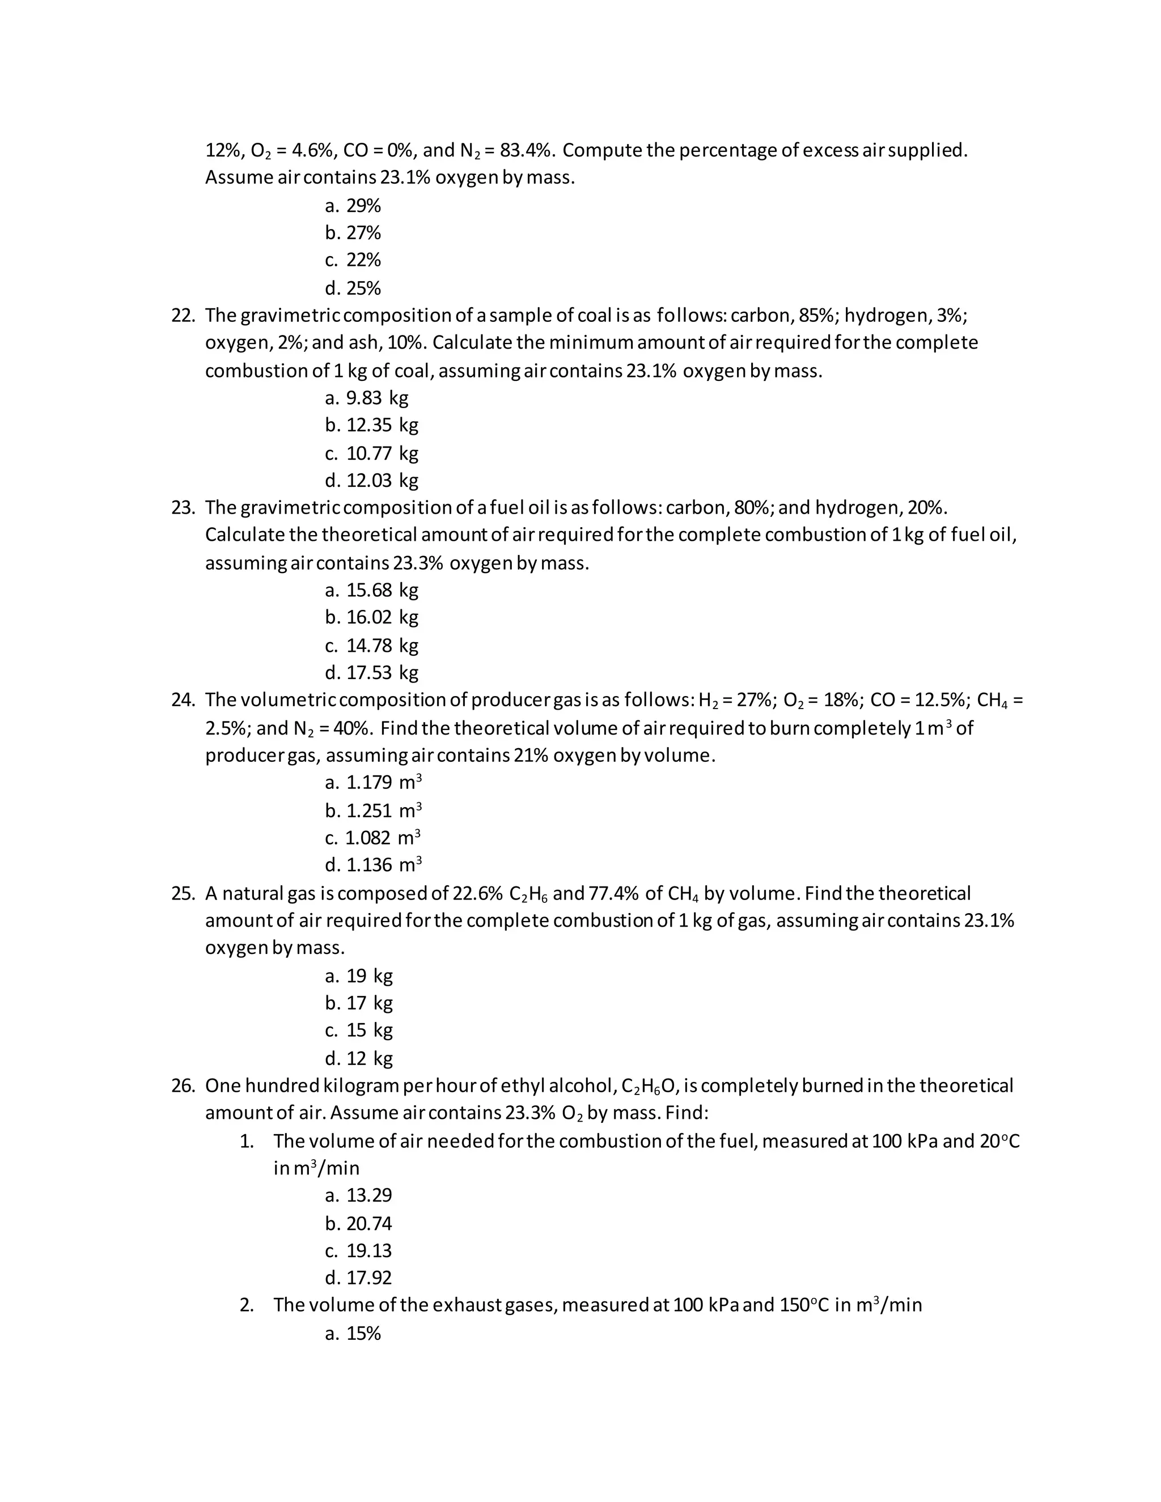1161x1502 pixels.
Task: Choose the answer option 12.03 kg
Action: pos(372,480)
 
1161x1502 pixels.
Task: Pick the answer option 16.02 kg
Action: pos(372,617)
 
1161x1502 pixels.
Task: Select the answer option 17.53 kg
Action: pos(372,672)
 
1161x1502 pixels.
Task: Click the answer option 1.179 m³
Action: pos(374,783)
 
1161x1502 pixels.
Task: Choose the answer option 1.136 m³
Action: pos(374,864)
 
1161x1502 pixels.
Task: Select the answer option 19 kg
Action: pos(359,976)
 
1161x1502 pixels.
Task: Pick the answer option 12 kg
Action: pos(359,1058)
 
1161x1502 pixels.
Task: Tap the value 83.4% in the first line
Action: pos(525,151)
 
